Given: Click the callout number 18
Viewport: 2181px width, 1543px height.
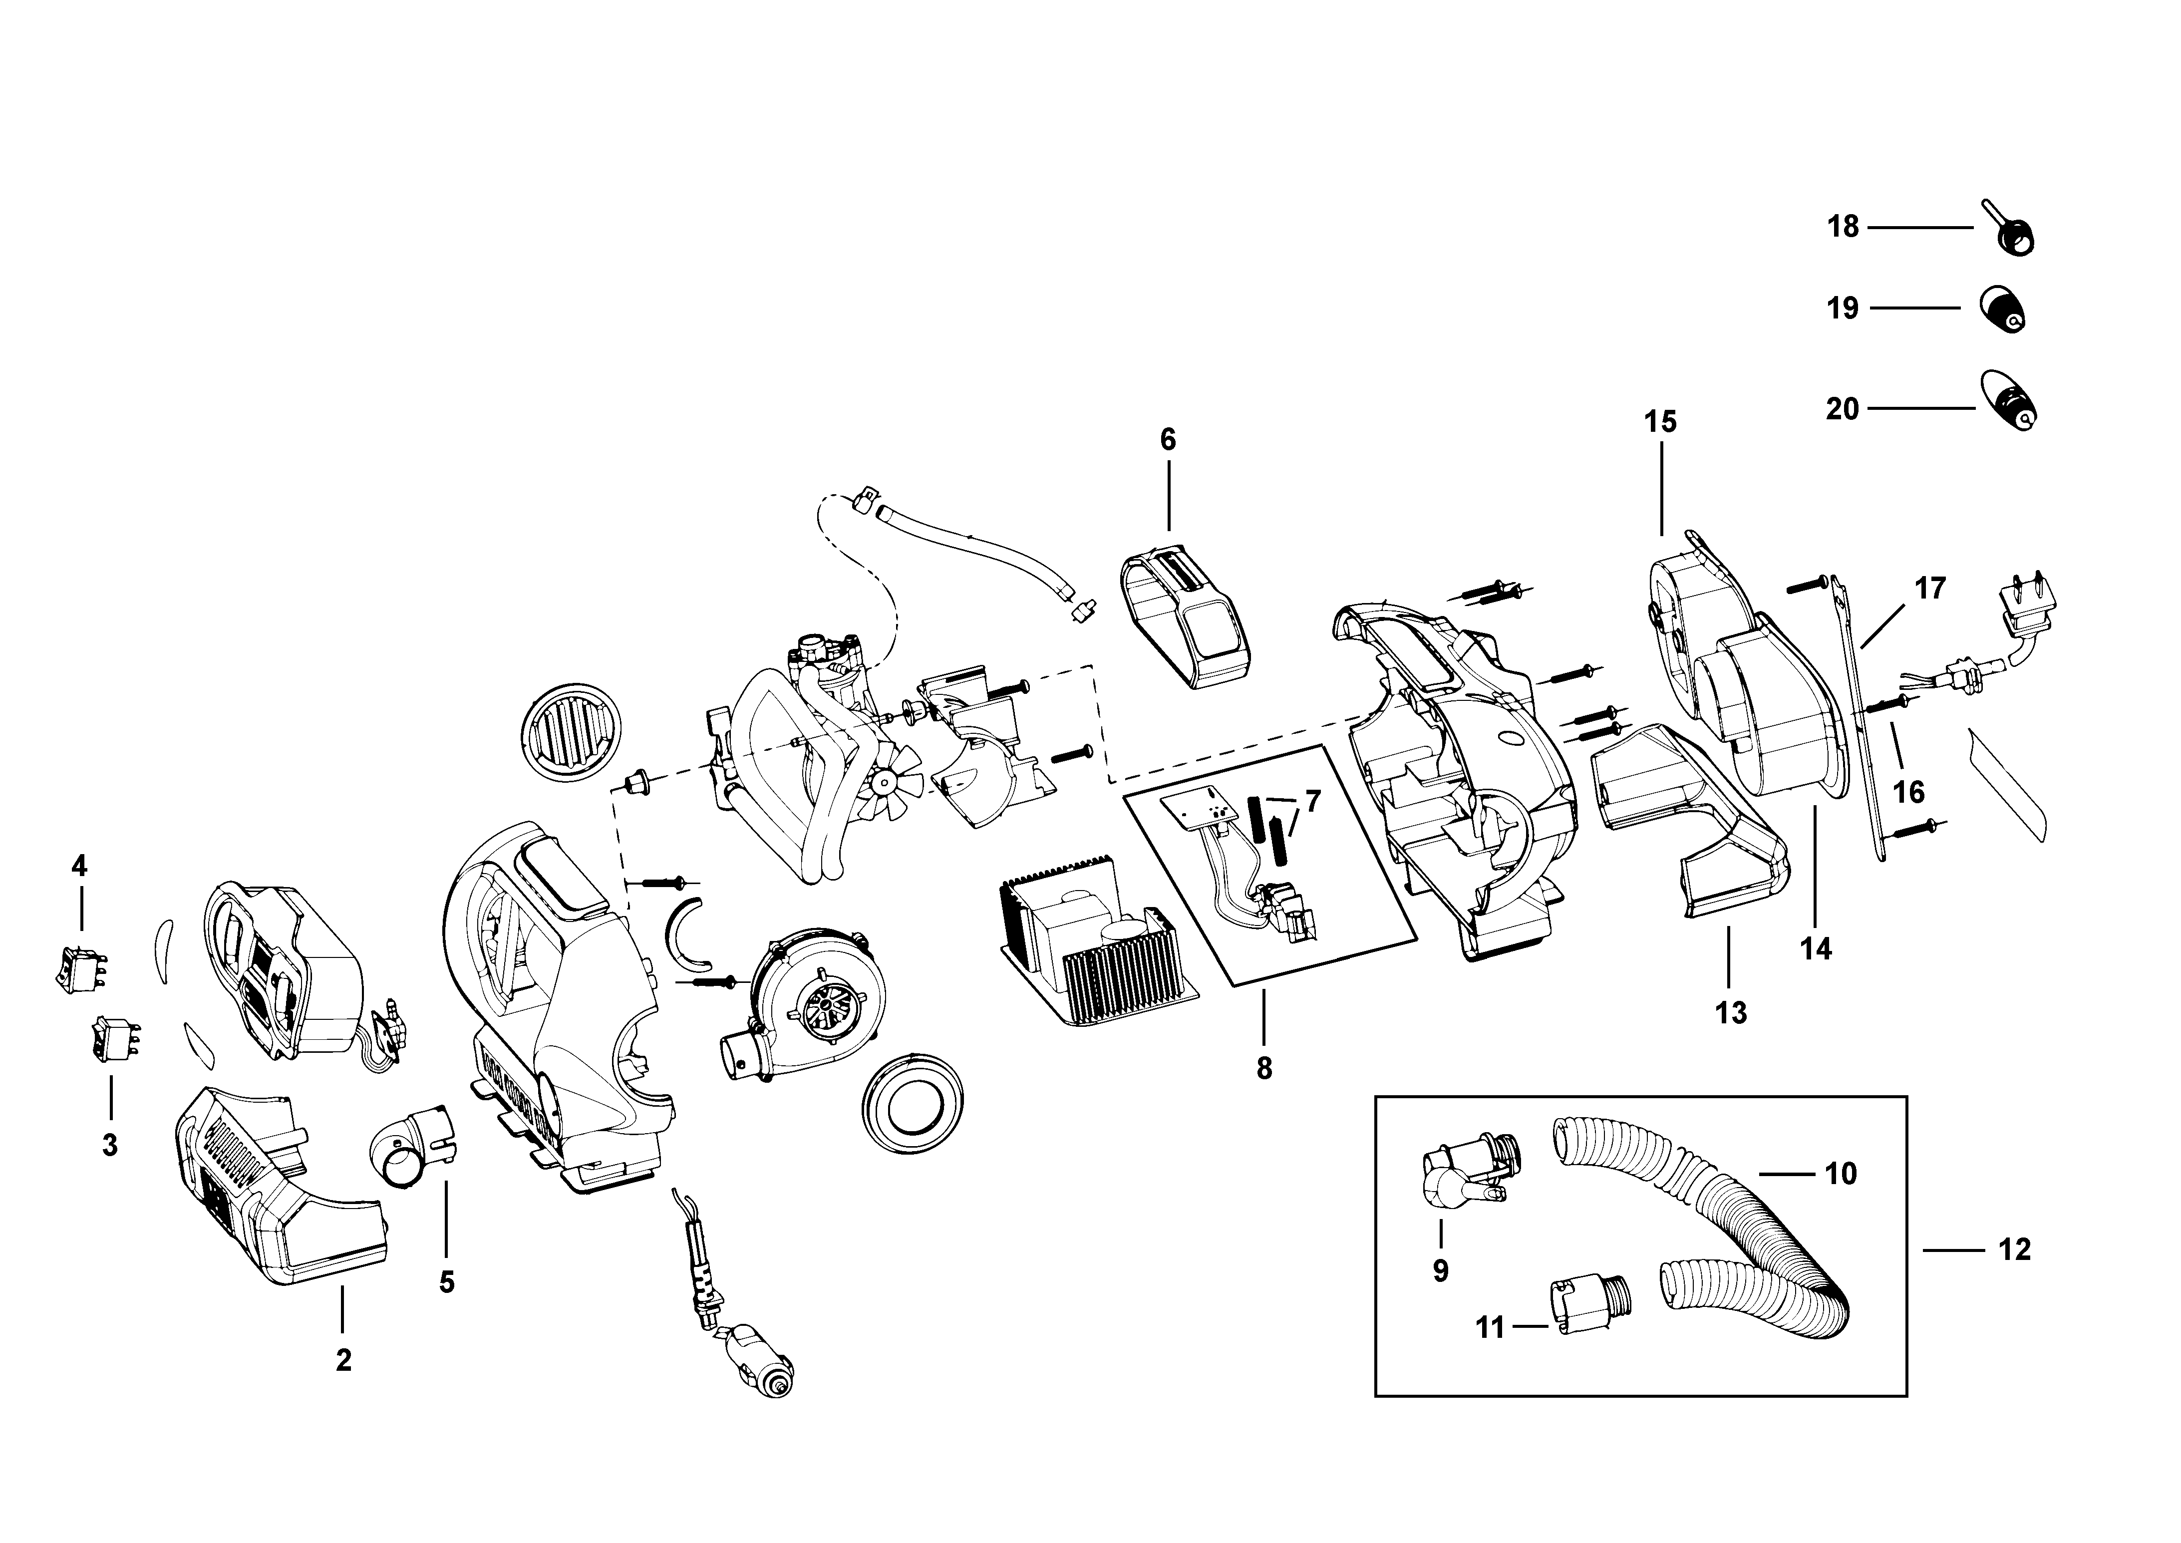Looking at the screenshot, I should tap(1843, 227).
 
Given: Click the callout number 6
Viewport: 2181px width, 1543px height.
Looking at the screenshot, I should tap(1168, 440).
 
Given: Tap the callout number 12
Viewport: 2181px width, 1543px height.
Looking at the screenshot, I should tap(2014, 1249).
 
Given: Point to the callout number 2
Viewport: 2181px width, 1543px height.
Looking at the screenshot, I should tap(343, 1361).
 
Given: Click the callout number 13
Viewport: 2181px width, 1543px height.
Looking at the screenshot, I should tap(1731, 1013).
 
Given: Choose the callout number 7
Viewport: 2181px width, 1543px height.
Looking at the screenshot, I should tap(1312, 801).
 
